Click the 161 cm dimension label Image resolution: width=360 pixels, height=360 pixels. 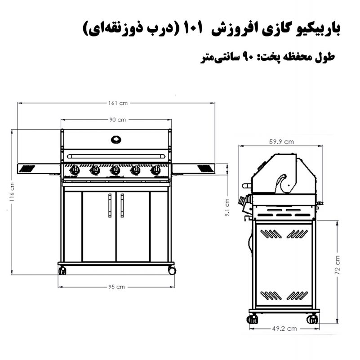118,103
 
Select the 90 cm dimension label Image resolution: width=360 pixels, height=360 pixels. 118,120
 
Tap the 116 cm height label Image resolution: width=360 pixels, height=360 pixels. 12,192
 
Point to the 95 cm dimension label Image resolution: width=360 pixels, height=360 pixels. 116,287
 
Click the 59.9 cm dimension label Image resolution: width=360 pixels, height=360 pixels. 281,142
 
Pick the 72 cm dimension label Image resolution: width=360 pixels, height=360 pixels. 337,265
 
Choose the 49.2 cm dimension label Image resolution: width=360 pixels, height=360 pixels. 284,328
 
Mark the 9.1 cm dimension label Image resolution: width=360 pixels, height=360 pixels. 227,207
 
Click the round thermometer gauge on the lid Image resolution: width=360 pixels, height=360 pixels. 116,139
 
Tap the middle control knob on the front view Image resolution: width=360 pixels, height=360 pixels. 115,171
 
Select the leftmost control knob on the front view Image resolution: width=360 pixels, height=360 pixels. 75,171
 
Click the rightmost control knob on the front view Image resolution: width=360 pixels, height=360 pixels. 156,171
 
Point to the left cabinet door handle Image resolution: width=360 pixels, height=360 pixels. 110,205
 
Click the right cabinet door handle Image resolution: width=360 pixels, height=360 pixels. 122,205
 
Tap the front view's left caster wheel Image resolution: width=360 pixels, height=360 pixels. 62,270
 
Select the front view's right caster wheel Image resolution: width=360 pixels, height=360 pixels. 172,270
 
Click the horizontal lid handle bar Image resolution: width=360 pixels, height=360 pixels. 116,156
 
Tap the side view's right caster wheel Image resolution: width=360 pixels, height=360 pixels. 312,319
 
